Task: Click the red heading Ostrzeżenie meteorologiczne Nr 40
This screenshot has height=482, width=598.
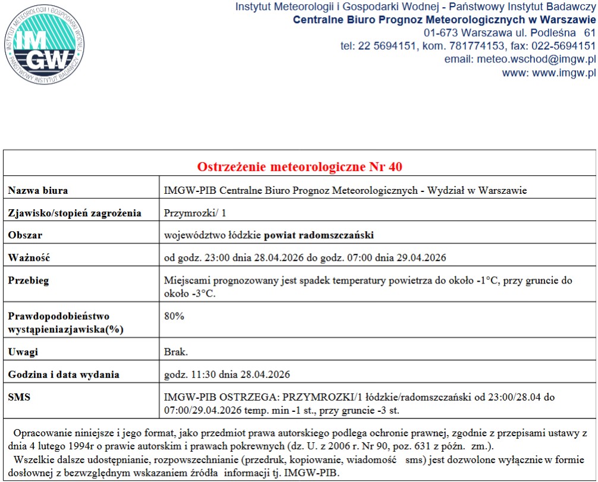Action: (300, 166)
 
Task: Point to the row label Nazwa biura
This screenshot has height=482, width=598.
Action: (37, 191)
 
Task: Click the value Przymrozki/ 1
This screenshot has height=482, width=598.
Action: (195, 213)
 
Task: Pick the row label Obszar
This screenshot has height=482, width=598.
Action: (25, 235)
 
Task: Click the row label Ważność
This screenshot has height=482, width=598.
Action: (29, 257)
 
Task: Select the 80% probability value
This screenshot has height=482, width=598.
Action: (174, 316)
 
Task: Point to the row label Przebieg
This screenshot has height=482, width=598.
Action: (28, 281)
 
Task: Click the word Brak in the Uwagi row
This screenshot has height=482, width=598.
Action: (176, 352)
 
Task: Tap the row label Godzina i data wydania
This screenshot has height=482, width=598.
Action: (64, 374)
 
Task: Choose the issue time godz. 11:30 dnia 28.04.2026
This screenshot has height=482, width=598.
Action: (227, 374)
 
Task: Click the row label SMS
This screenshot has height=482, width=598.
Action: (19, 397)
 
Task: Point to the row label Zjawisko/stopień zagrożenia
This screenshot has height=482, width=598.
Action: (74, 213)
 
